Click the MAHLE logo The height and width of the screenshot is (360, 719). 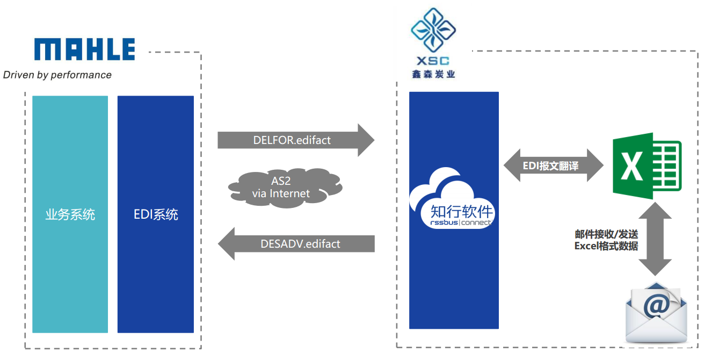point(85,49)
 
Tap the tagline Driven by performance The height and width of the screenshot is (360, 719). point(57,75)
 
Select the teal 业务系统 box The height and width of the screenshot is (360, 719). point(70,214)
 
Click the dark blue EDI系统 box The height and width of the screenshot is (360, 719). point(156,214)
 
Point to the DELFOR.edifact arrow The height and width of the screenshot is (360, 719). point(295,140)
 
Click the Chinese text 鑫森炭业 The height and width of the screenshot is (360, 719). point(434,74)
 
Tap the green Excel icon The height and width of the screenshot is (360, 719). point(647,162)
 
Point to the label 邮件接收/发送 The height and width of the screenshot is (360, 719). point(606,235)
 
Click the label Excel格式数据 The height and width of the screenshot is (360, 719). point(606,246)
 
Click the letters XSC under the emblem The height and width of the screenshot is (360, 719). point(434,61)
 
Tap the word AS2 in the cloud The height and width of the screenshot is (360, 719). point(281,181)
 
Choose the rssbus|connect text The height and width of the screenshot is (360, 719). point(461,222)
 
